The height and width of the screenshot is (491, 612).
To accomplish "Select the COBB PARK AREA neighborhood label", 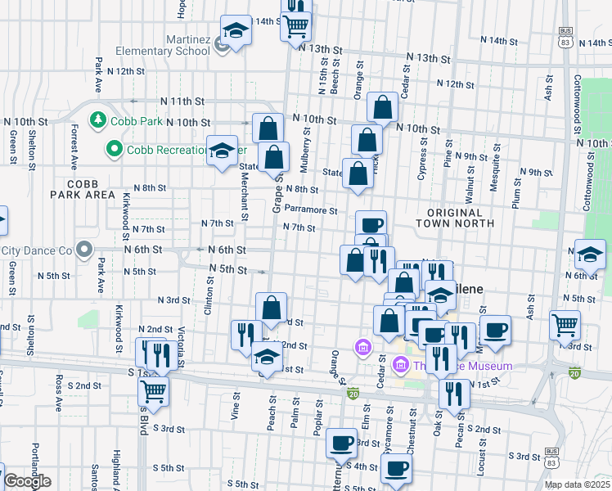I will [82, 189].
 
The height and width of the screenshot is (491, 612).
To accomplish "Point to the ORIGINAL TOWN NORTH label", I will [454, 217].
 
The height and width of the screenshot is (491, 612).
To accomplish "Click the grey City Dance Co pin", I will [83, 249].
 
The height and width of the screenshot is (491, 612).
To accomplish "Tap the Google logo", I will [26, 481].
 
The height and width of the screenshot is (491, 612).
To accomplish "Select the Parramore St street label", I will [311, 210].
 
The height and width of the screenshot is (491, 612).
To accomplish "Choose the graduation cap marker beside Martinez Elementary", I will [236, 32].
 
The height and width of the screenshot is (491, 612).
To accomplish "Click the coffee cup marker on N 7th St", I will [371, 224].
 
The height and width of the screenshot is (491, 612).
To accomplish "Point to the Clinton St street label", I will [209, 295].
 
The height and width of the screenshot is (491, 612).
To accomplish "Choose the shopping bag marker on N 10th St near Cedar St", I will [382, 106].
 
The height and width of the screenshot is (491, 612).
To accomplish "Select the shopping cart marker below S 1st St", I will [154, 392].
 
